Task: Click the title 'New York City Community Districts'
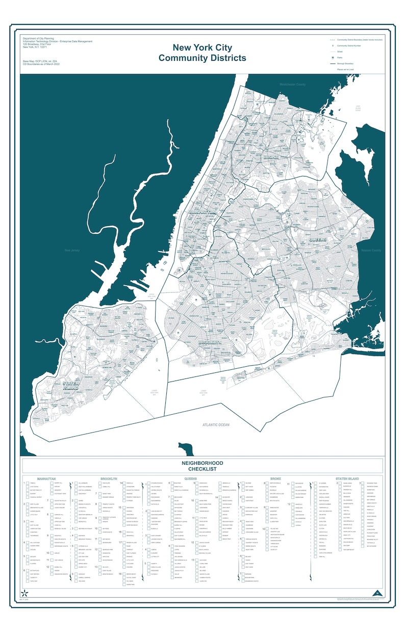point(202,53)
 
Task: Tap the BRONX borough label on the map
point(270,158)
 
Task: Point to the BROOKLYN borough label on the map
point(210,342)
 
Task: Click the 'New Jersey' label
point(72,250)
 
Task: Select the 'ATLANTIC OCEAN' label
point(216,425)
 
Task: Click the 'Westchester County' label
point(292,85)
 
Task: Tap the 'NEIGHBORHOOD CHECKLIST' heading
point(202,466)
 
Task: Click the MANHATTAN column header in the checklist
point(46,479)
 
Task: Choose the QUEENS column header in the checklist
point(191,479)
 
